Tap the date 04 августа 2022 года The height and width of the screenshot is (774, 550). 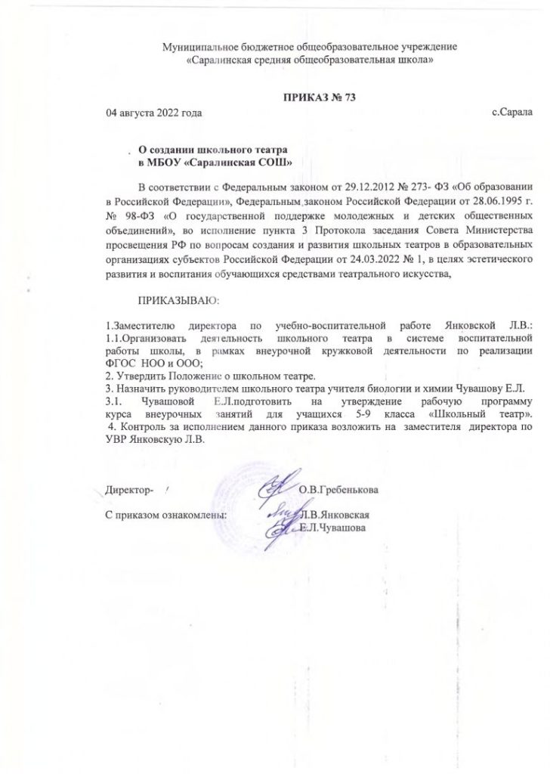155,113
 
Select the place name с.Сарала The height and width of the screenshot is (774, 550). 511,113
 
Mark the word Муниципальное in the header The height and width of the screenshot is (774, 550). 200,48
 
